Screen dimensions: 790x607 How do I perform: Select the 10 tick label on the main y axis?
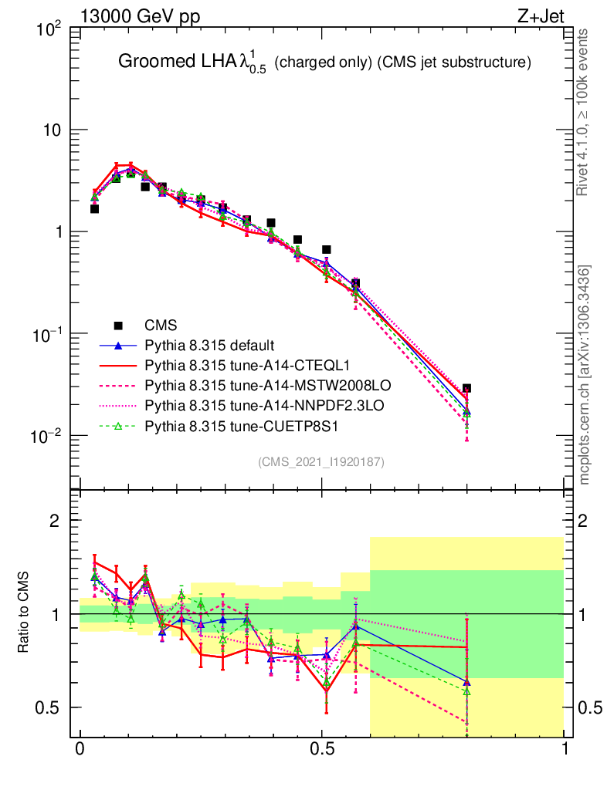click(51, 130)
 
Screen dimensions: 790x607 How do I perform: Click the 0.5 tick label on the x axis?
click(322, 751)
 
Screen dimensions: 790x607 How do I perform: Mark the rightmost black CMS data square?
click(466, 389)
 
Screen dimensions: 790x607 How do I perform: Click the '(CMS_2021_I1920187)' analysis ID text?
click(321, 461)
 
